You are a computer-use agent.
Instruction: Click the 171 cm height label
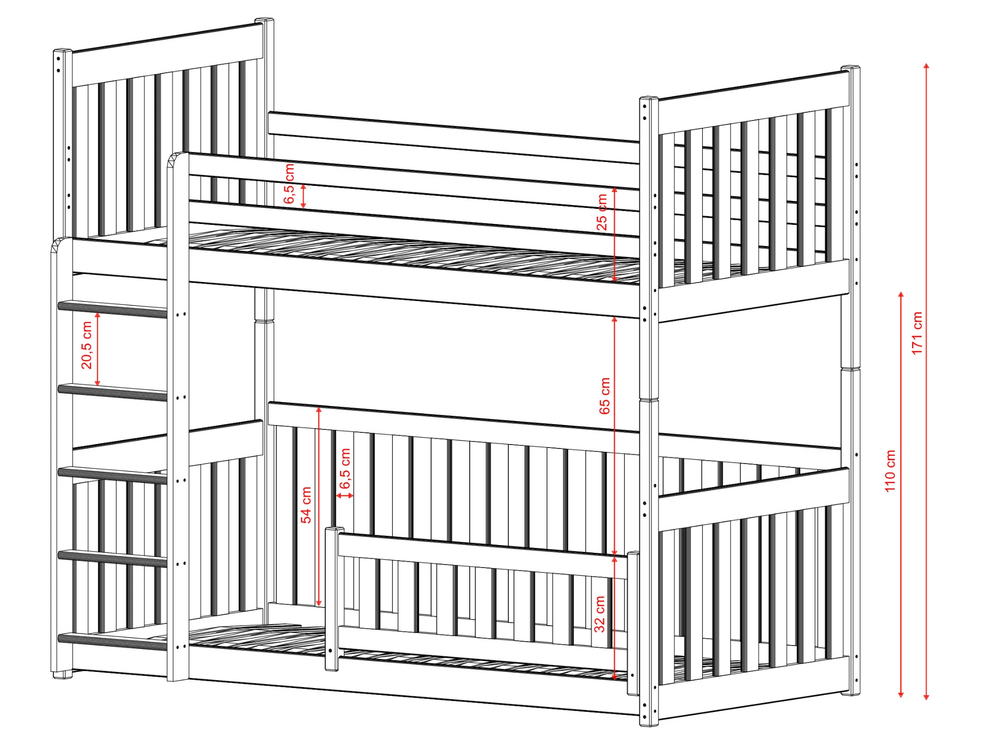click(917, 333)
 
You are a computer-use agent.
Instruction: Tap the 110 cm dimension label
click(890, 471)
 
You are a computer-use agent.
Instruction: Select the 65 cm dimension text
click(604, 396)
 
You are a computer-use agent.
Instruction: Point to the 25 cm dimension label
click(602, 212)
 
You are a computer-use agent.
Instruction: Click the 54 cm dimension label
click(306, 505)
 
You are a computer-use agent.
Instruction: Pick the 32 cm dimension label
click(600, 614)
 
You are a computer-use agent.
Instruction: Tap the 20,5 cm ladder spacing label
click(87, 345)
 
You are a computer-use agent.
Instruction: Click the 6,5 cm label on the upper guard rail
click(289, 184)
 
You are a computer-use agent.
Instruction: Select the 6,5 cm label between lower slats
click(345, 468)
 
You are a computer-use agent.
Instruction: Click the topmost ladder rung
click(113, 309)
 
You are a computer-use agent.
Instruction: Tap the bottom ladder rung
click(113, 641)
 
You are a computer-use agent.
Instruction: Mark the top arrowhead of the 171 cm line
click(926, 66)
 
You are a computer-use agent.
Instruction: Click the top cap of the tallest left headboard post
click(265, 20)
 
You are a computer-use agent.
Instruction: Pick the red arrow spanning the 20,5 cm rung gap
click(98, 349)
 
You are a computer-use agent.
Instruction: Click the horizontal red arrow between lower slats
click(345, 496)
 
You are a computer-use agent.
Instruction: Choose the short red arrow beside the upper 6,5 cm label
click(303, 196)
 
